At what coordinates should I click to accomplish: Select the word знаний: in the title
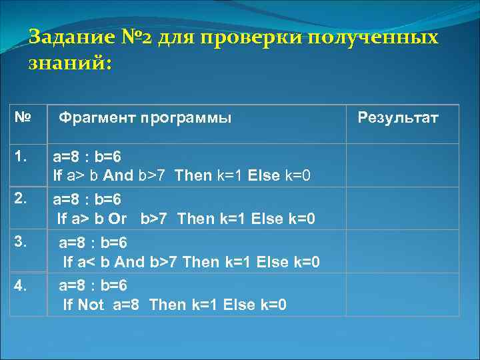click(x=71, y=65)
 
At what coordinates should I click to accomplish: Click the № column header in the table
click(x=23, y=117)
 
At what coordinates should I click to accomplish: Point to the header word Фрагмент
click(x=97, y=118)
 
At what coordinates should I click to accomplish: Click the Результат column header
click(x=398, y=118)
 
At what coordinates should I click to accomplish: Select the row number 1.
click(x=21, y=157)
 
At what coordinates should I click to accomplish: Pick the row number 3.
click(x=21, y=240)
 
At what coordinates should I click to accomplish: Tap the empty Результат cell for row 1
click(x=403, y=165)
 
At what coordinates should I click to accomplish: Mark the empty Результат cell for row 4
click(x=403, y=295)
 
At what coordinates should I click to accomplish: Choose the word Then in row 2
click(x=196, y=219)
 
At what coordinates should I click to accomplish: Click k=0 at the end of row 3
click(x=307, y=262)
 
